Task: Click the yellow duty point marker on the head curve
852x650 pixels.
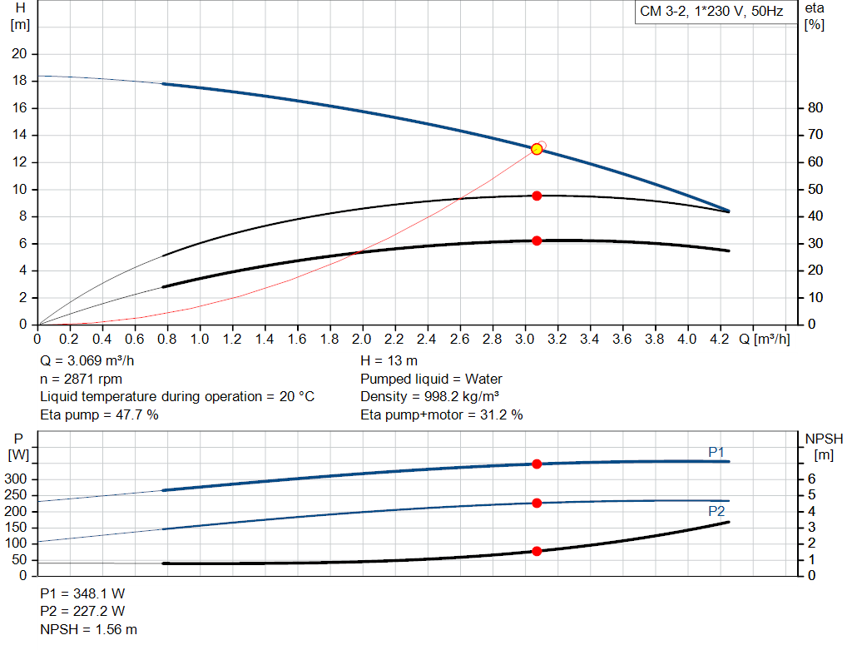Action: point(537,149)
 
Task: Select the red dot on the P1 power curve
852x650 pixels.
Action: point(537,464)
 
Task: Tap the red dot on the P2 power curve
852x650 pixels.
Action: point(537,503)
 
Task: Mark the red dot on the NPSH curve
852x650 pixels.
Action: point(537,551)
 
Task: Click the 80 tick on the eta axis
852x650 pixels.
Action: point(815,108)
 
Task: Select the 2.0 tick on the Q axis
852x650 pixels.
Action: point(362,340)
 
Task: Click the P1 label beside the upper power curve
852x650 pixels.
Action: point(716,452)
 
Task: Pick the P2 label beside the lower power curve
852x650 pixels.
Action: point(716,511)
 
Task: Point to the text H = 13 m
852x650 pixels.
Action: point(389,361)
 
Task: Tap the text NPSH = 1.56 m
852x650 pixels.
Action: point(89,629)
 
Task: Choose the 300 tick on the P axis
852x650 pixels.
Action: point(18,479)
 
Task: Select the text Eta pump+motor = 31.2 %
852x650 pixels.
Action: point(442,414)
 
